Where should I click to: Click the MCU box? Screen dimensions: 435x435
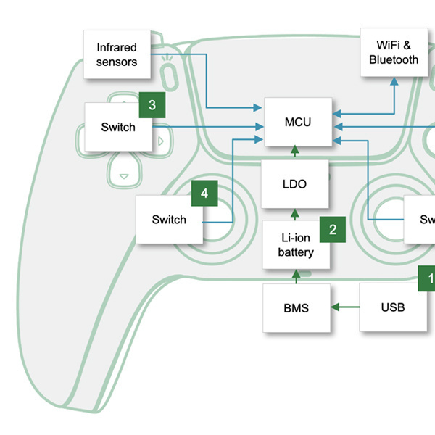[x=298, y=121]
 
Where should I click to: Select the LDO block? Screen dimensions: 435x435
[x=294, y=184]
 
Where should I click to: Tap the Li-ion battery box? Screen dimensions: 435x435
[x=296, y=244]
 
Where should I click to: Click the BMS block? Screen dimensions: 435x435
[x=296, y=308]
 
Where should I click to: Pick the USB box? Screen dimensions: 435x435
[x=393, y=307]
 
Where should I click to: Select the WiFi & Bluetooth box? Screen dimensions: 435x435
[x=394, y=53]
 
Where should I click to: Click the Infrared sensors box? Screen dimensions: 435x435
[x=117, y=55]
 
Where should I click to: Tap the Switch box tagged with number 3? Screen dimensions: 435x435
[x=118, y=128]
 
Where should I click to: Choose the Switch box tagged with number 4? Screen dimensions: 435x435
[x=169, y=220]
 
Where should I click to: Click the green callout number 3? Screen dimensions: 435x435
[x=152, y=105]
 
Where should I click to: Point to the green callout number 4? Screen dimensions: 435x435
[x=204, y=194]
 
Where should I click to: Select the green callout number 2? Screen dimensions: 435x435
[x=333, y=230]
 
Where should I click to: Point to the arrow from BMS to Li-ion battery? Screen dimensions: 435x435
[x=295, y=276]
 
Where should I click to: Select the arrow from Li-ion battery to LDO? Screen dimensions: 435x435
[x=295, y=213]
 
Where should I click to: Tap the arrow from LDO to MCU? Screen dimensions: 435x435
[x=295, y=152]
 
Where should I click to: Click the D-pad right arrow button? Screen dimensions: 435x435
[x=161, y=136]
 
